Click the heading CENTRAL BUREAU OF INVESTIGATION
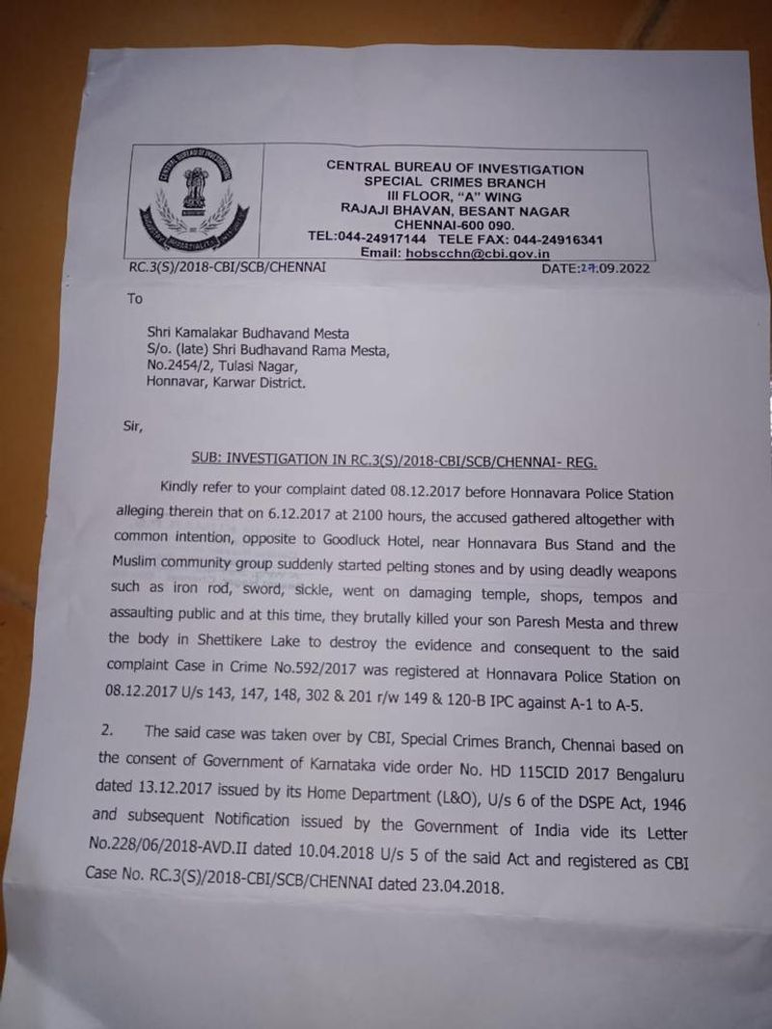(x=455, y=168)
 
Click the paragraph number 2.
(x=106, y=732)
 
